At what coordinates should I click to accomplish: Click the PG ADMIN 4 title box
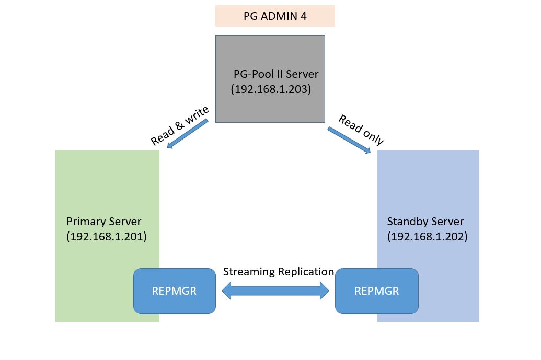(x=275, y=16)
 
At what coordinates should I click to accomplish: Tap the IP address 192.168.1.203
(x=271, y=89)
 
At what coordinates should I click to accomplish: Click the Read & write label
(x=179, y=125)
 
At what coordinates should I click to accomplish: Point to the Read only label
(x=361, y=130)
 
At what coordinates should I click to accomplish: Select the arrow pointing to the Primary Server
(x=188, y=134)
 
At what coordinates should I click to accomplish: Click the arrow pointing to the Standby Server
(x=349, y=140)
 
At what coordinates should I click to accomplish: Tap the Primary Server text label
(x=103, y=221)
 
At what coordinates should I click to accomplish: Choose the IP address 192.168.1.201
(x=107, y=236)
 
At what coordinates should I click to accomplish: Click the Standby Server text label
(x=425, y=221)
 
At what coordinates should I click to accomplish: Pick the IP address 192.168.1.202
(x=427, y=236)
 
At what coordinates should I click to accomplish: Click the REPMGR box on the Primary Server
(x=174, y=291)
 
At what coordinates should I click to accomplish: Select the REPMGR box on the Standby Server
(x=376, y=291)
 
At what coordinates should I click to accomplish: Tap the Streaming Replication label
(x=278, y=272)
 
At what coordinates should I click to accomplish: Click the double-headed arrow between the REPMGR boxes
(x=275, y=291)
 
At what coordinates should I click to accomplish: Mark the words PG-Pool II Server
(x=275, y=74)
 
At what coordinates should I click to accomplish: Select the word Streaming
(x=249, y=272)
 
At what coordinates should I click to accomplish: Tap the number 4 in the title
(x=303, y=16)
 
